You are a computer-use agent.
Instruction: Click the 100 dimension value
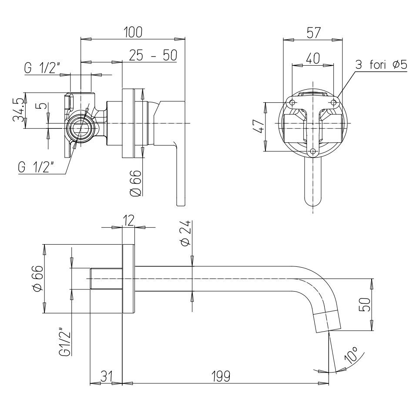133,32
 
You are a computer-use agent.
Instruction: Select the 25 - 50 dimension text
153,55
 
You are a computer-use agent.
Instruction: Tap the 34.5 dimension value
19,111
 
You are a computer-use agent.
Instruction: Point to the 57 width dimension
314,33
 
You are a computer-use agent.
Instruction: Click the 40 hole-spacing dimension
313,58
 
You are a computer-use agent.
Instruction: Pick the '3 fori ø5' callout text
381,64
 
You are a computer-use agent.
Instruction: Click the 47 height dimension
259,127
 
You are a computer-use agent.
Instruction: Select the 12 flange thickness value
128,220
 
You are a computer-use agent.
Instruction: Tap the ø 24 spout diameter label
185,233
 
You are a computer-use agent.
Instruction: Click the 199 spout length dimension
221,376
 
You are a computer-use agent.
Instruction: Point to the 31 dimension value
107,376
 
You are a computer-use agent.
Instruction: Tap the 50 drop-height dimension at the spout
365,305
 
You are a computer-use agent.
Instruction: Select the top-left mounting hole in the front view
292,102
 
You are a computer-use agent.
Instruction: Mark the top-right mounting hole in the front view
334,102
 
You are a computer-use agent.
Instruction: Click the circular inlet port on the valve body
80,128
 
